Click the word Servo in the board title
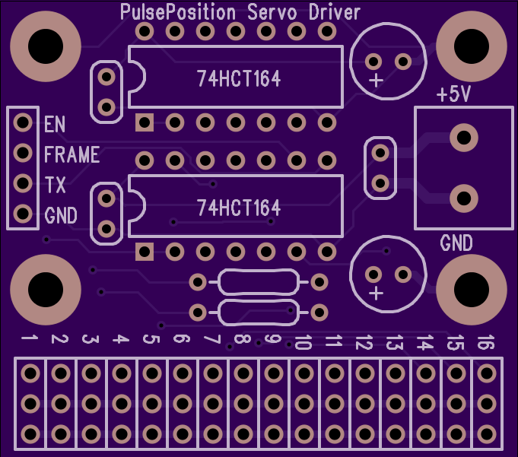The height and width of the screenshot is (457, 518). point(272,12)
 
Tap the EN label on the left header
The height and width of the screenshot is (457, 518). point(55,124)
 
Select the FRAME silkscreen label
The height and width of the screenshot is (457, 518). point(72,154)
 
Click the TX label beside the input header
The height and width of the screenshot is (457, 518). point(56,185)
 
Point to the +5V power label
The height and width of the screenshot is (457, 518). point(453,94)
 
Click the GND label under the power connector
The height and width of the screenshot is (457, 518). point(456,243)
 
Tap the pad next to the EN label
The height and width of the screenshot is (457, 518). point(23,122)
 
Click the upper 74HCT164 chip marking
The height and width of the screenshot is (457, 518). point(239,78)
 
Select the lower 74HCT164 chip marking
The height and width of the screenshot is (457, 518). point(239,208)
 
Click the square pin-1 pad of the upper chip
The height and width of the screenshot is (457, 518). point(145,122)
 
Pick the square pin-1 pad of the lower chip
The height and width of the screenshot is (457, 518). point(145,252)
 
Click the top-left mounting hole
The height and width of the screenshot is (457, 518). point(46,46)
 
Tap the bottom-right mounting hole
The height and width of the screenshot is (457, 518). point(472,289)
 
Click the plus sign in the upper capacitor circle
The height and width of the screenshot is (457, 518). point(376,81)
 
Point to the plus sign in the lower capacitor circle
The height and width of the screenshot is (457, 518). point(376,293)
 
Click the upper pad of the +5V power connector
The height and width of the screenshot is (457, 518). point(464,138)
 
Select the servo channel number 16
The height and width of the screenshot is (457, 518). point(486,341)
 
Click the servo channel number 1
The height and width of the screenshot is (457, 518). point(30,338)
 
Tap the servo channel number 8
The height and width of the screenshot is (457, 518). point(243,338)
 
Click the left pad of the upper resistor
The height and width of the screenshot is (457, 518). point(198,282)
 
